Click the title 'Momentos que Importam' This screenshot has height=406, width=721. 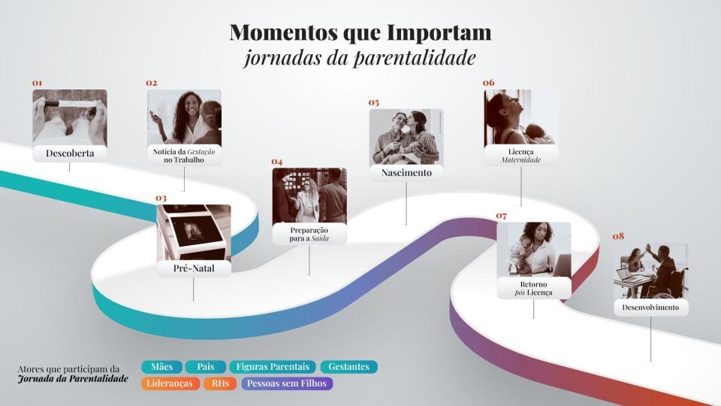[360, 33]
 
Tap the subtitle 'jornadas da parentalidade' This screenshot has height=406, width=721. [360, 58]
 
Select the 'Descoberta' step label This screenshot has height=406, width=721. [69, 154]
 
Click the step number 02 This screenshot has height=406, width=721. [152, 83]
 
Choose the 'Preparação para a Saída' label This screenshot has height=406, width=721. [309, 233]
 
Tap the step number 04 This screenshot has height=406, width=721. [277, 161]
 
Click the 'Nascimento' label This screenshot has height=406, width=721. [406, 173]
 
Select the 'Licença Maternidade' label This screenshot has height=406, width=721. [521, 155]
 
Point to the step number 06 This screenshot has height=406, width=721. [489, 83]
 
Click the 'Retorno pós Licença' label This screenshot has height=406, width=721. [533, 287]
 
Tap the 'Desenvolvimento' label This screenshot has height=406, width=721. [650, 308]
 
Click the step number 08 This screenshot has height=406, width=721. [618, 236]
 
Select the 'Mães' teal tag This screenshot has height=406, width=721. [161, 367]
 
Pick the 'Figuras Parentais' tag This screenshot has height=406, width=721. [273, 367]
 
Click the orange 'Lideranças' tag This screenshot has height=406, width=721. [170, 383]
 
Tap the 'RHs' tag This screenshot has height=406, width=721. [220, 383]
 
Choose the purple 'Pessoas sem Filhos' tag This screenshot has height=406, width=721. [287, 383]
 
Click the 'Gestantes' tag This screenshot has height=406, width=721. [348, 367]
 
